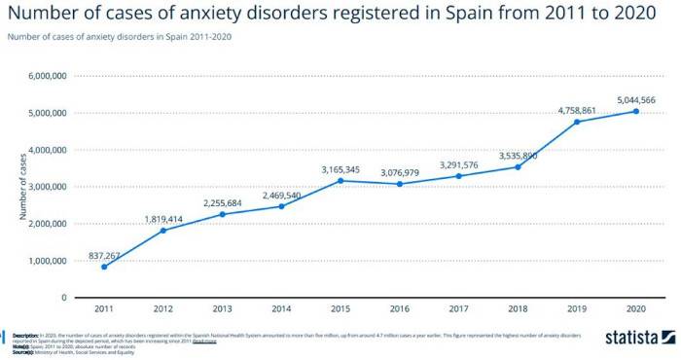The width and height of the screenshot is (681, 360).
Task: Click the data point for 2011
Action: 104,267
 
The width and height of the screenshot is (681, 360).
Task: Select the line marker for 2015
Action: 340,180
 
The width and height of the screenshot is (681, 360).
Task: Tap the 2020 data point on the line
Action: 636,111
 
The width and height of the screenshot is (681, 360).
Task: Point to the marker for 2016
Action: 400,184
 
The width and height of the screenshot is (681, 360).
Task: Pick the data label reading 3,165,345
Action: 340,169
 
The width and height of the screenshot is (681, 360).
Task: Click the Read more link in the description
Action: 204,342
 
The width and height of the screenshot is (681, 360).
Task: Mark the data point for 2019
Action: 577,122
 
